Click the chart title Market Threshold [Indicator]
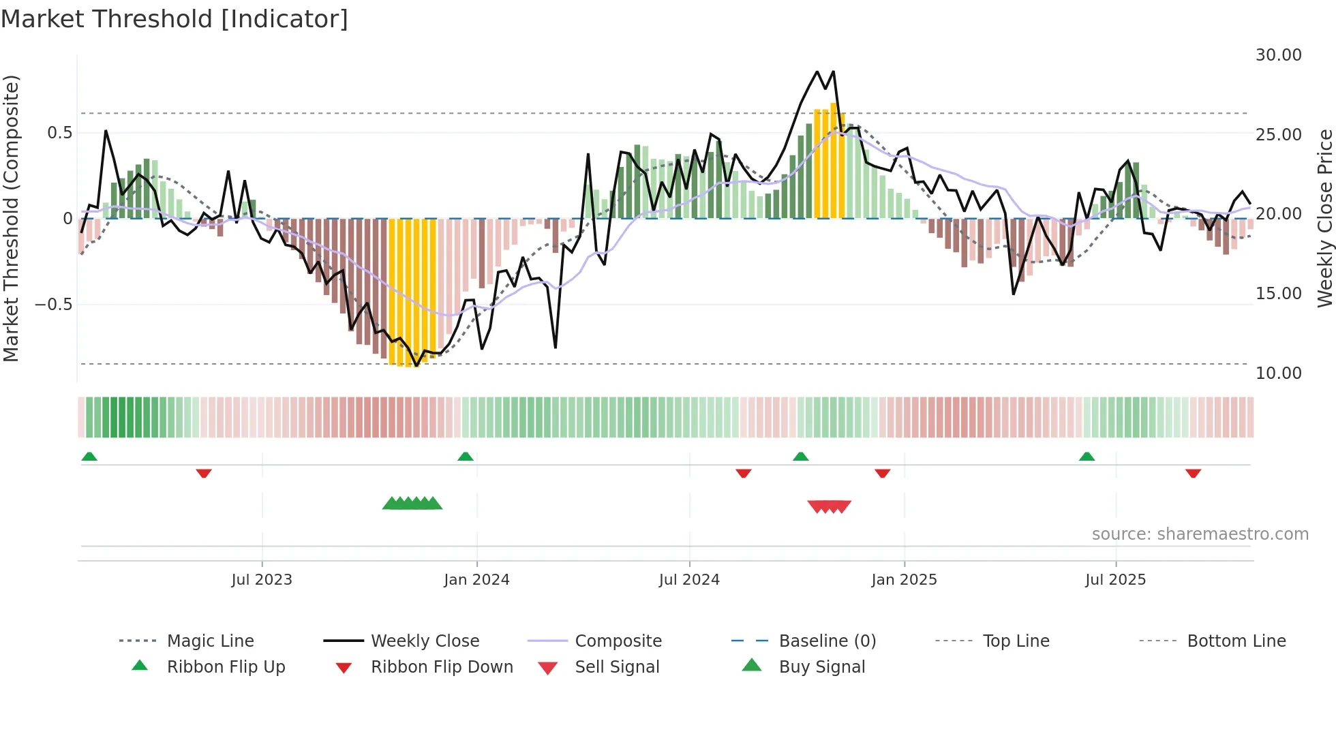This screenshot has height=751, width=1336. [x=174, y=19]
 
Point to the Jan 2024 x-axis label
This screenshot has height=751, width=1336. [x=476, y=579]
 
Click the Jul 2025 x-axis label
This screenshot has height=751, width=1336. [x=1115, y=579]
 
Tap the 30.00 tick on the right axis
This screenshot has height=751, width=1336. [x=1278, y=55]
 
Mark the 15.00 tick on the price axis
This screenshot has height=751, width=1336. [x=1278, y=293]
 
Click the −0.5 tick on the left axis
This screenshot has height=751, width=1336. [x=54, y=304]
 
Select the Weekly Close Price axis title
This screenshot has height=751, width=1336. [x=1324, y=218]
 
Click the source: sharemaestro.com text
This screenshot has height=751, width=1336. [x=1200, y=534]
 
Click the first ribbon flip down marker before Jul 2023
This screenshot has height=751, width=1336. [x=204, y=473]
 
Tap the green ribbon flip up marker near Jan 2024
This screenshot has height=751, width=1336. [x=466, y=456]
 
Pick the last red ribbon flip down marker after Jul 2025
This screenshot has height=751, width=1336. [x=1193, y=473]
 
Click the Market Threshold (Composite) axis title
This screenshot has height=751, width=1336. [x=11, y=218]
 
